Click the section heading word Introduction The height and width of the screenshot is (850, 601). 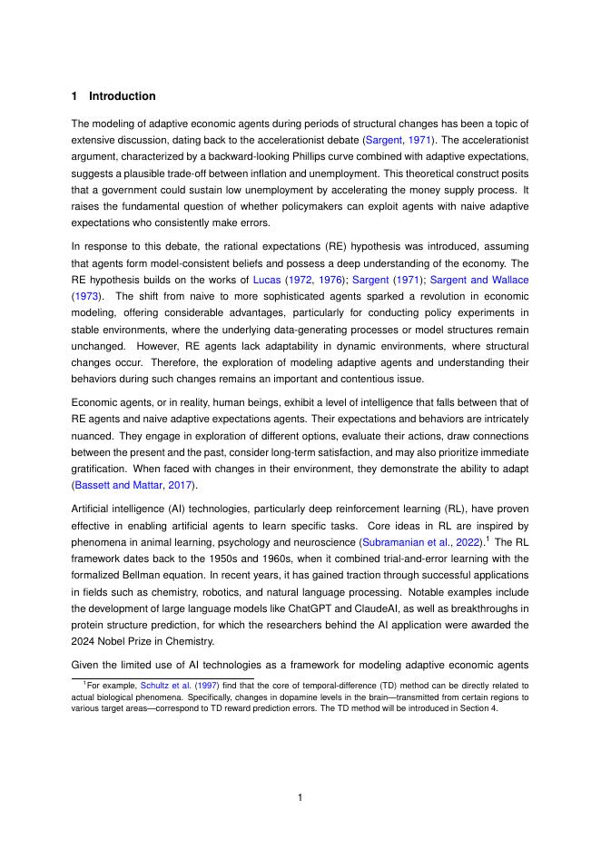tap(122, 96)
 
